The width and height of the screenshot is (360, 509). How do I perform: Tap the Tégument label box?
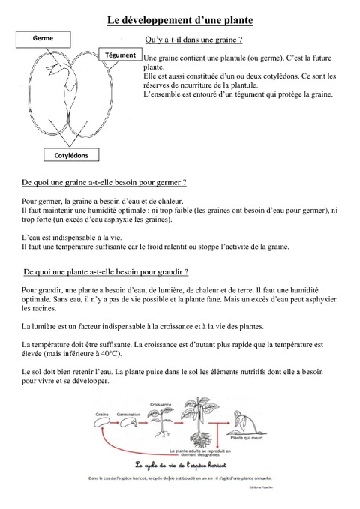(x=120, y=55)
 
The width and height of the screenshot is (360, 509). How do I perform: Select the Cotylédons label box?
(x=71, y=155)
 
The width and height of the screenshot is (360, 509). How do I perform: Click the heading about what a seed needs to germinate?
(x=104, y=182)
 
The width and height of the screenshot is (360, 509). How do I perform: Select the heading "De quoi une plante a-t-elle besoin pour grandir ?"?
(x=106, y=271)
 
